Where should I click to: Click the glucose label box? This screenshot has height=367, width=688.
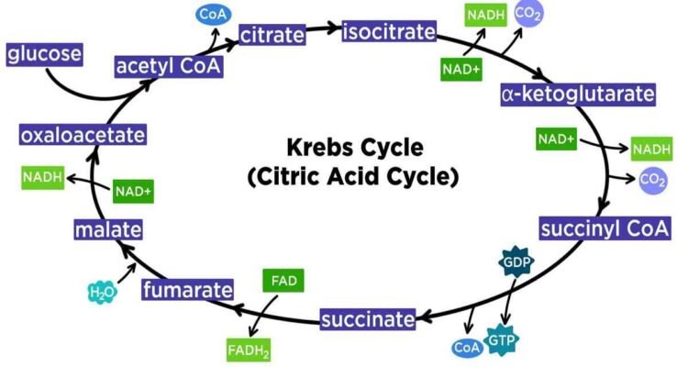[44, 54]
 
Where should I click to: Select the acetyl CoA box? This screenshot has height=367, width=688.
[169, 66]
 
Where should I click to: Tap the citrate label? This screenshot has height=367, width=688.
[272, 35]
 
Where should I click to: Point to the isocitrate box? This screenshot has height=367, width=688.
[389, 31]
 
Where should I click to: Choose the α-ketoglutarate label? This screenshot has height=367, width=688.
[578, 95]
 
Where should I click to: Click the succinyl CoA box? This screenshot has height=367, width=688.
[605, 228]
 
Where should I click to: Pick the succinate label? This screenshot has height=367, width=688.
[368, 319]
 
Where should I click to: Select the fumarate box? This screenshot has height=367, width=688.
[187, 290]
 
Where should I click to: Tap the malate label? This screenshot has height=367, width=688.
[108, 229]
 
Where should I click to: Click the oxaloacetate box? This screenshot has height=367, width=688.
[83, 135]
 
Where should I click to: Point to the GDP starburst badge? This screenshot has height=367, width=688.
[516, 262]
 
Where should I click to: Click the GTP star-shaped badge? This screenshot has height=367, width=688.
[501, 339]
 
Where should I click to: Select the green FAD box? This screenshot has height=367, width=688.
[283, 281]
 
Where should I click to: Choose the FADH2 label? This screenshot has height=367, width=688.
[249, 350]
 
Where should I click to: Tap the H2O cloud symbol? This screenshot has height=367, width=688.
[102, 292]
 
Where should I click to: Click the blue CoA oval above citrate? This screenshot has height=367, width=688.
[213, 15]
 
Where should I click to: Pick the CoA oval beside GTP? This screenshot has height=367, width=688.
[467, 348]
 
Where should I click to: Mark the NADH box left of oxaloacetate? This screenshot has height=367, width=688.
[42, 177]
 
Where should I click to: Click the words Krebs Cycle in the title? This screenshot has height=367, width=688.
[355, 147]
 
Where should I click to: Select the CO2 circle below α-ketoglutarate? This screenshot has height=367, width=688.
[653, 180]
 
